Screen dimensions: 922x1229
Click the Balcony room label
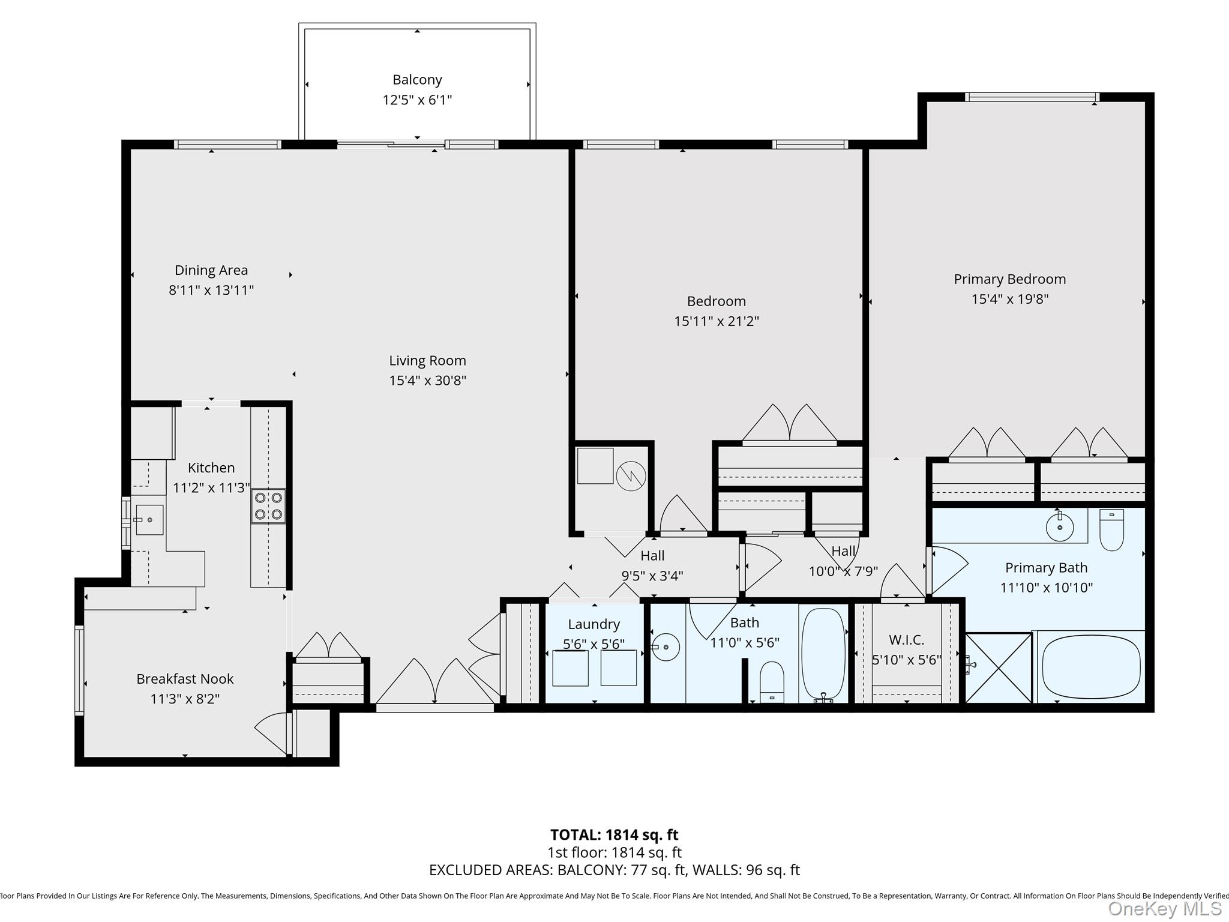point(417,80)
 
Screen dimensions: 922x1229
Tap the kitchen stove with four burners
point(268,506)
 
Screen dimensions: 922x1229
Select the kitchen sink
point(149,519)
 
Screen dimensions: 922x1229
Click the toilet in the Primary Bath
point(1111,530)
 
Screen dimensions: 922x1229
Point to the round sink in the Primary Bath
point(1060,528)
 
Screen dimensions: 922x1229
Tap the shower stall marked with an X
point(999,667)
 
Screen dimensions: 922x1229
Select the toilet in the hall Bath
point(772,681)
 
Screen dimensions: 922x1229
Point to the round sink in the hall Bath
point(666,647)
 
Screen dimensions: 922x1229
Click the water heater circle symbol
point(631,477)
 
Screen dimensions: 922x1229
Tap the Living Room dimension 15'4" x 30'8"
point(427,381)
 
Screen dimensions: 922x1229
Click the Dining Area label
point(211,270)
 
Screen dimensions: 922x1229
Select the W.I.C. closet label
point(906,640)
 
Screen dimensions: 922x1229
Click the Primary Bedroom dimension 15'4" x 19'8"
point(1010,299)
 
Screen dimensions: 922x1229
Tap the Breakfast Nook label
point(185,679)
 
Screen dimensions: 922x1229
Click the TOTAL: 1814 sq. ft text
point(614,834)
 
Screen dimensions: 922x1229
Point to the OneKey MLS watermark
point(1164,909)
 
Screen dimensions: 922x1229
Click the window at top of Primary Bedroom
point(1032,97)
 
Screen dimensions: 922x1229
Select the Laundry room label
point(593,624)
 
